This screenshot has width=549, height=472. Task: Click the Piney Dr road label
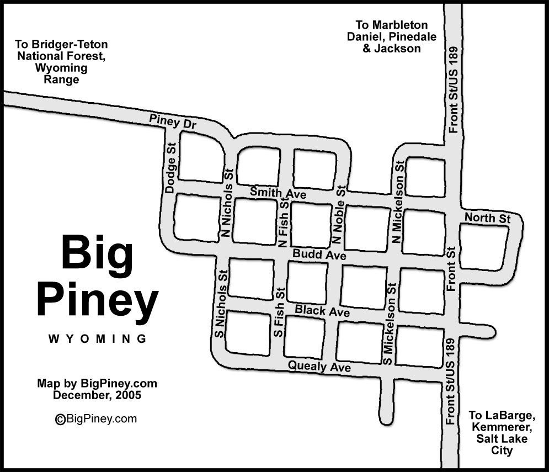tap(173, 122)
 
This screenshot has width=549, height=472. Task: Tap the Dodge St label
tap(170, 167)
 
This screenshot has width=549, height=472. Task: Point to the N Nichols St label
tap(226, 203)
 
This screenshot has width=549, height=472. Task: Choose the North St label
tap(487, 218)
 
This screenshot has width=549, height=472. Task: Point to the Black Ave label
tap(322, 311)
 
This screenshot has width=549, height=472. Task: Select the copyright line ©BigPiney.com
tap(96, 419)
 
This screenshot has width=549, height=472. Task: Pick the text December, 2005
tap(97, 395)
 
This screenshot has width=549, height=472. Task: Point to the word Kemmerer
tap(498, 427)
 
